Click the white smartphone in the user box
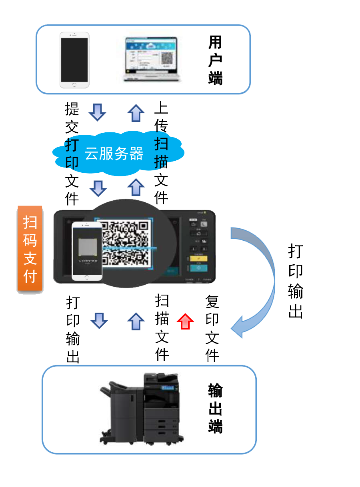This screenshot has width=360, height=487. point(74,60)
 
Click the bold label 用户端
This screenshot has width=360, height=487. point(215,60)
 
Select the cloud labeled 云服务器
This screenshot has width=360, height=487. point(114,154)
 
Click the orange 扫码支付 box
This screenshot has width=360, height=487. point(30,249)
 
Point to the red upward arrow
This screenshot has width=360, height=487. point(185,321)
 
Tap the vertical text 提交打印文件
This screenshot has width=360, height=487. point(72,154)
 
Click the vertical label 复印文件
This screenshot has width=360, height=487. point(212,328)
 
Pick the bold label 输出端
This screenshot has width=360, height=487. point(215,408)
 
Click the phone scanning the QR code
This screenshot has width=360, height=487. point(87,251)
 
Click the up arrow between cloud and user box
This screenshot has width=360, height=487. point(136,113)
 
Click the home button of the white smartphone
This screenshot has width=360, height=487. point(74,84)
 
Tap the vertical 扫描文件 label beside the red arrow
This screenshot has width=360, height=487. point(162,327)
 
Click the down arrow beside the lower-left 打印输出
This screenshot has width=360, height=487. point(99,320)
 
